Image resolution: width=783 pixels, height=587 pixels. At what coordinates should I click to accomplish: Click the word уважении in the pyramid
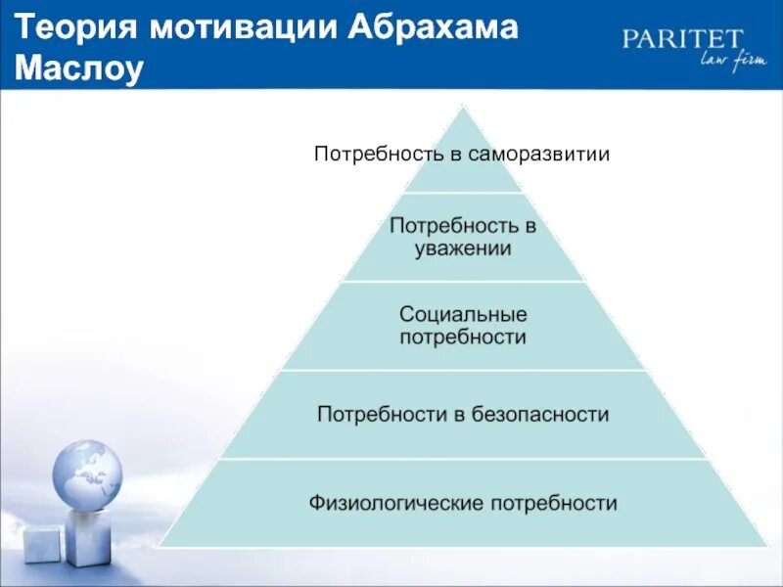(463, 248)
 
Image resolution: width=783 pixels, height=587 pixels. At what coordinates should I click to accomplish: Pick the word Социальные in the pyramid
(463, 315)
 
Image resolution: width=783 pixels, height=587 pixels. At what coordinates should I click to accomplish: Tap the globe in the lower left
(87, 475)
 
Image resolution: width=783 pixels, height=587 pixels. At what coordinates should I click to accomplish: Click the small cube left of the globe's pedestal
(41, 544)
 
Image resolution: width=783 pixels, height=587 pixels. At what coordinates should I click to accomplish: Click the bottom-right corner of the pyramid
(766, 546)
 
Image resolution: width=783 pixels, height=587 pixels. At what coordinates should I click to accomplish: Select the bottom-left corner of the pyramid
(160, 546)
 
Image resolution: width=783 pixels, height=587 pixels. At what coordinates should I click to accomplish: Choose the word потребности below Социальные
(463, 338)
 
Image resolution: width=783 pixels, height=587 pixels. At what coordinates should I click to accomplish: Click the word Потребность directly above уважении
(463, 226)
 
